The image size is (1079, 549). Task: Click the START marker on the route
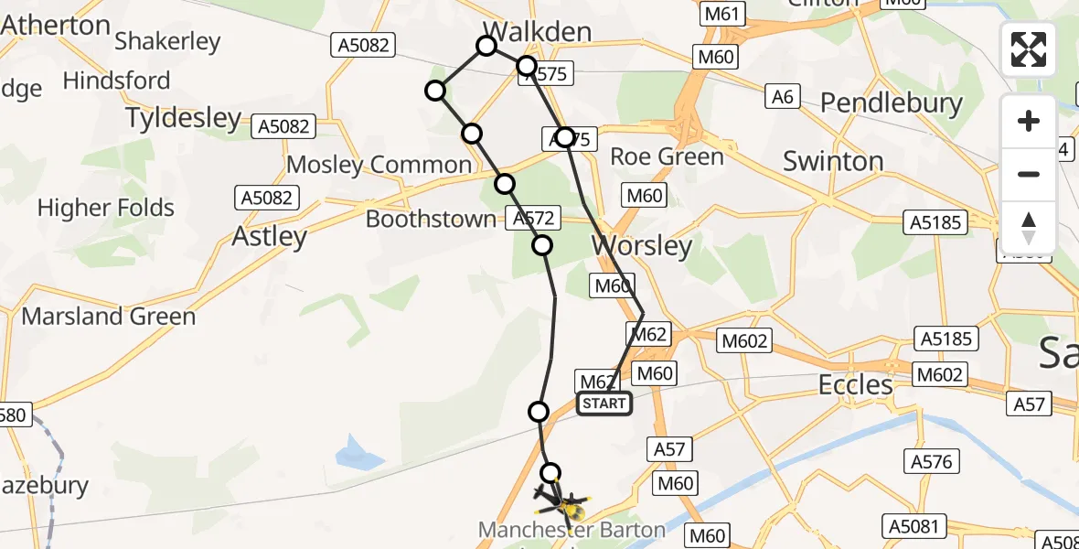604,404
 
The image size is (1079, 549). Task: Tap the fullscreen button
1029,49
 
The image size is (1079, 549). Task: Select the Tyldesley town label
183,118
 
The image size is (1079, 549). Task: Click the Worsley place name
641,246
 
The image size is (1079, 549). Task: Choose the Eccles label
856,385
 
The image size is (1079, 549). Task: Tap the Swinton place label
833,162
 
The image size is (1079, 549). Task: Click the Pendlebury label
892,103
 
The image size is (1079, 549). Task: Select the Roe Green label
667,156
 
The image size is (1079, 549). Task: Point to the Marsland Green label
108,317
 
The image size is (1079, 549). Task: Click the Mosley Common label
379,166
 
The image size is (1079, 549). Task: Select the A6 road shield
781,96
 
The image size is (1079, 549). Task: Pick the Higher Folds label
106,209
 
